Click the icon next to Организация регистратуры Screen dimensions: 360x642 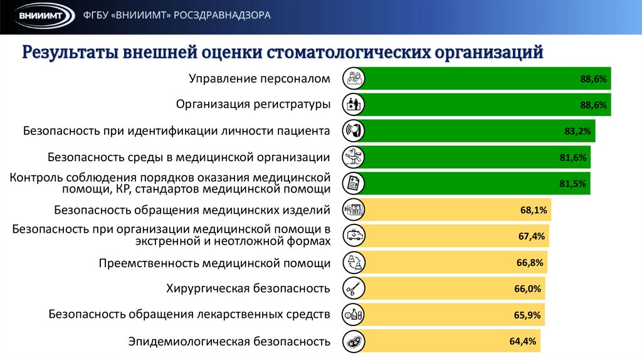(354, 105)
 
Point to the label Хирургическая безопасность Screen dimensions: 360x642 (248, 289)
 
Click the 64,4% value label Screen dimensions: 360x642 (523, 341)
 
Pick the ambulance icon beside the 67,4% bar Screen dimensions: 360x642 (354, 236)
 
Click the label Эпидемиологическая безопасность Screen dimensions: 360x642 (229, 342)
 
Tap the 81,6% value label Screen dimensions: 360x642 (573, 158)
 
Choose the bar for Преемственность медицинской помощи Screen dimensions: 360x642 (439, 262)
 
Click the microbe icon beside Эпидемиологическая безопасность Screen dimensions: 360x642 (354, 342)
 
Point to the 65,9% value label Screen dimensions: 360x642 (527, 315)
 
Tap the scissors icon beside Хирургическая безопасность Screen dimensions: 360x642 (354, 289)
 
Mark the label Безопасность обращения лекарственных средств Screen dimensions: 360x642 (189, 314)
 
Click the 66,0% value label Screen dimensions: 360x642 (527, 289)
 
